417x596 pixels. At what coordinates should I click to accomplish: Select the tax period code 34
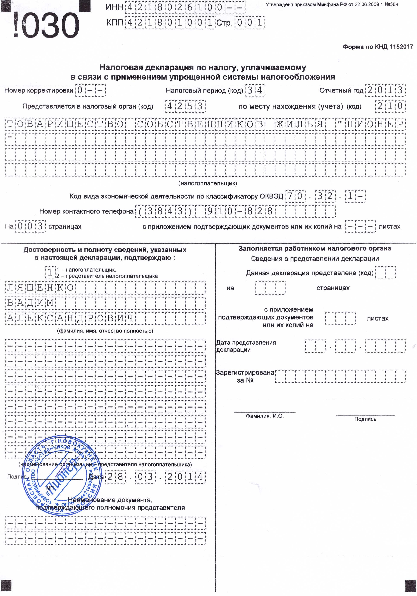click(255, 90)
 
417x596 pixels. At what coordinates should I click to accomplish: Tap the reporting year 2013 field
click(385, 90)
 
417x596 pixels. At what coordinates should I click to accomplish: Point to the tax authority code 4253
click(185, 106)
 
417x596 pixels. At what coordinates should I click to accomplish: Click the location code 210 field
click(390, 106)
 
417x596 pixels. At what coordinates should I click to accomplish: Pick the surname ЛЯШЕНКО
click(40, 288)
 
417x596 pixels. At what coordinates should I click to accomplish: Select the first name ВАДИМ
click(30, 303)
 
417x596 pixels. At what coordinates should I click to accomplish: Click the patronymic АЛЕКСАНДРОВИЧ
click(70, 318)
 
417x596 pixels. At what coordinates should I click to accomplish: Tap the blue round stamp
click(62, 475)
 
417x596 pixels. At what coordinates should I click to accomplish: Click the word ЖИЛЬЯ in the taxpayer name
click(300, 124)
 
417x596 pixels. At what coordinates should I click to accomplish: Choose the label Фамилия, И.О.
click(265, 416)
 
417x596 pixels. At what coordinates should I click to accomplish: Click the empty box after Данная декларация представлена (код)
click(385, 273)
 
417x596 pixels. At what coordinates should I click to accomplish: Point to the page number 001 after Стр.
click(250, 23)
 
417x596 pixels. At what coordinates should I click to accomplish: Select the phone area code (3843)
click(165, 211)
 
